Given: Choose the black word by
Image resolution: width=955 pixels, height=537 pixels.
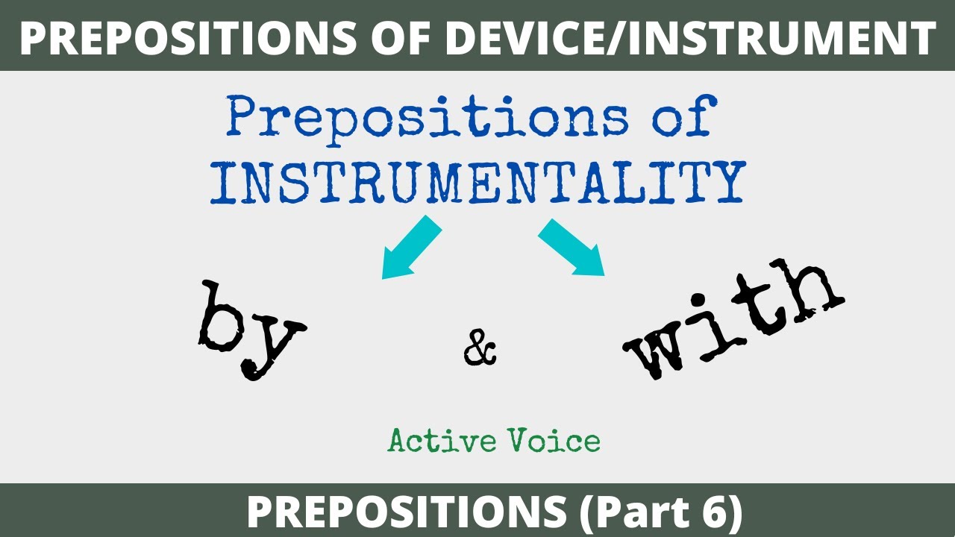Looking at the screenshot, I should [x=251, y=328].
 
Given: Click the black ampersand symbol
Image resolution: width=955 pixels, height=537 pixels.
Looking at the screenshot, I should [x=480, y=350].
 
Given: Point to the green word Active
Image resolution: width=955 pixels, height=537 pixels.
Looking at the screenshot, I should [x=431, y=442].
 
